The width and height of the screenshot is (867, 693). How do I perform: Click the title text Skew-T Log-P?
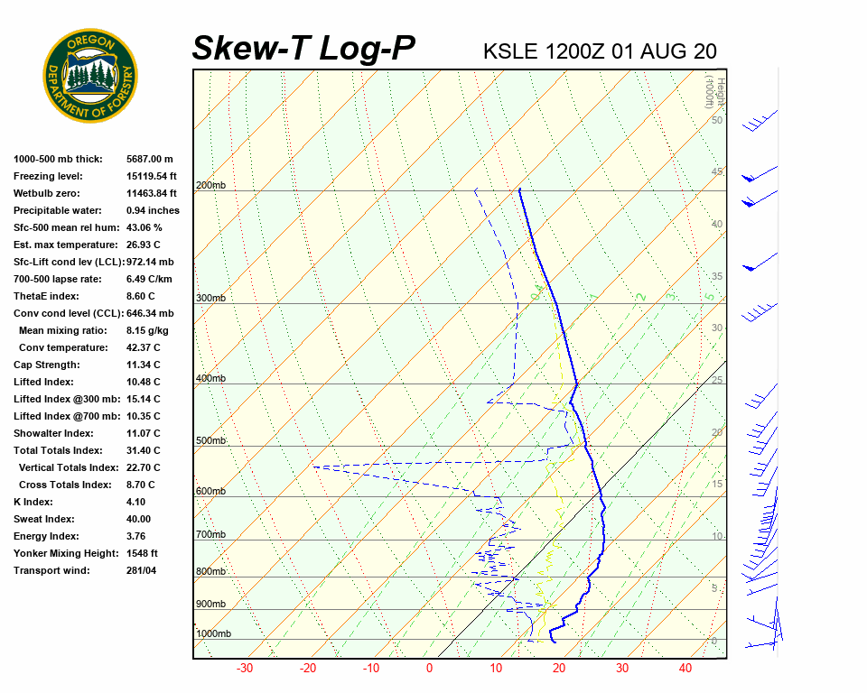(303, 48)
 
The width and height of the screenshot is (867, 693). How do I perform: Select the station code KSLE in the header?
(511, 51)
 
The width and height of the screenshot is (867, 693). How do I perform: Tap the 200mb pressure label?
(210, 186)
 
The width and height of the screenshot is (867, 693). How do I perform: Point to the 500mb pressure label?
(210, 441)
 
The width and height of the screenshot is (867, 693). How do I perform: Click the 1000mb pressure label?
(213, 634)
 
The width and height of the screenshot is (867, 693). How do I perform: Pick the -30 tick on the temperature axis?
(244, 669)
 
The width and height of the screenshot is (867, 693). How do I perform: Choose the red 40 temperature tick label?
(685, 669)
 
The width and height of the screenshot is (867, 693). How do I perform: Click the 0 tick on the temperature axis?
(429, 669)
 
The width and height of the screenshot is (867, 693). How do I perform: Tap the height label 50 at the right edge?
(716, 120)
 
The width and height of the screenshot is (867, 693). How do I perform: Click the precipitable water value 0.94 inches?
(153, 210)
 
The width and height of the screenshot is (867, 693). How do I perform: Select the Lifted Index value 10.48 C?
(144, 382)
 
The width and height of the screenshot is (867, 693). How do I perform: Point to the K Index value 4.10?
(136, 502)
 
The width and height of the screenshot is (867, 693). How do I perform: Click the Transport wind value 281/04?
(142, 570)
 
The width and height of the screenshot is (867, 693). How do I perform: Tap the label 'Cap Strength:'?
(46, 365)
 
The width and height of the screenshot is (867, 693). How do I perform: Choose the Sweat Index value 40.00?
(139, 519)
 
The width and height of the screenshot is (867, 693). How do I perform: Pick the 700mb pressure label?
(210, 535)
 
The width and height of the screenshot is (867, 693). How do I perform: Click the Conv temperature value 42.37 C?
(144, 347)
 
